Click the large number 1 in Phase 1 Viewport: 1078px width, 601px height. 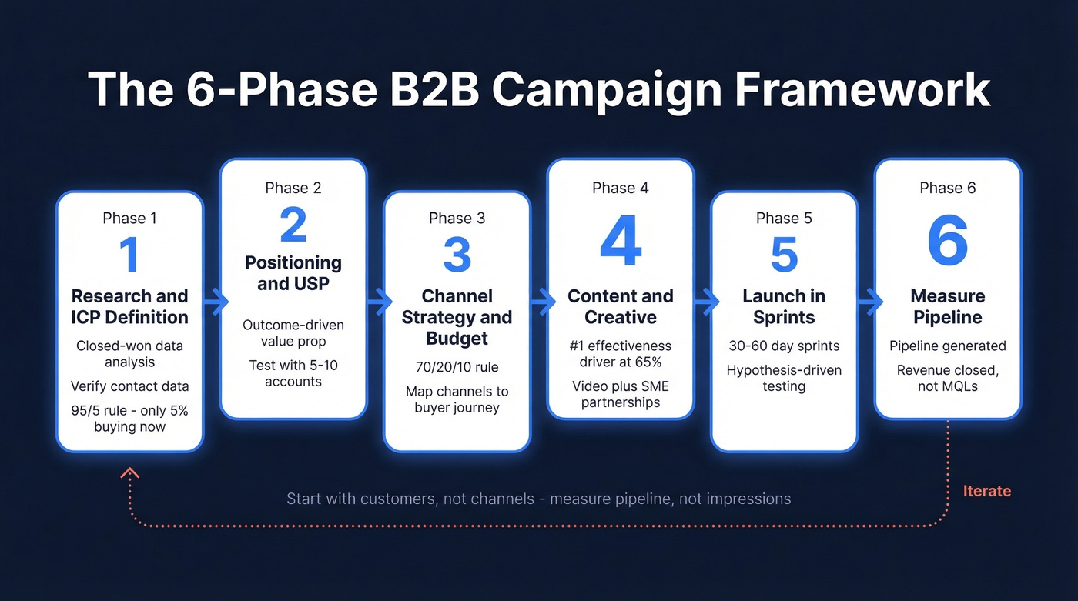pos(129,255)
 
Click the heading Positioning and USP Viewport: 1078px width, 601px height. pos(293,273)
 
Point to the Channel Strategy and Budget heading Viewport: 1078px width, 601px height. pos(457,317)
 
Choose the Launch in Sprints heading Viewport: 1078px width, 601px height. pos(784,306)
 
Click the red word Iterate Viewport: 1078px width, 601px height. pos(986,491)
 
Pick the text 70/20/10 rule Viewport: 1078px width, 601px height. pos(457,367)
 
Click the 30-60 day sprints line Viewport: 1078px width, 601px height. pos(784,346)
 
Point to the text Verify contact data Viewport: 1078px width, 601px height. pos(129,386)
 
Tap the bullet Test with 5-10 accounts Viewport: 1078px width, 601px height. pos(293,373)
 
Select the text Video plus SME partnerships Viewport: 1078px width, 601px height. pos(620,394)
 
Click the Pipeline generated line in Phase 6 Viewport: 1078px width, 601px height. pos(947,346)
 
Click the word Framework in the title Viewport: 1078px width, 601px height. pos(861,90)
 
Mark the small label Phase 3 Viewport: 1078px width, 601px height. pos(457,219)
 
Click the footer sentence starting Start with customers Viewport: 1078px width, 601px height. pos(538,499)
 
